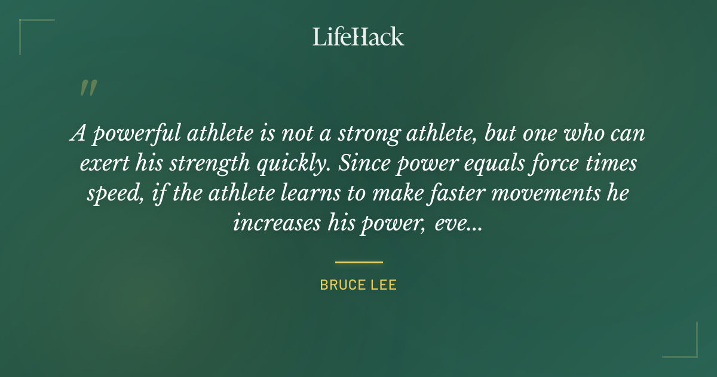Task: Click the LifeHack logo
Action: pos(358,37)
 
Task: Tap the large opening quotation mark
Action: pos(88,88)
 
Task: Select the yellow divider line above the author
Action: pos(358,262)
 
